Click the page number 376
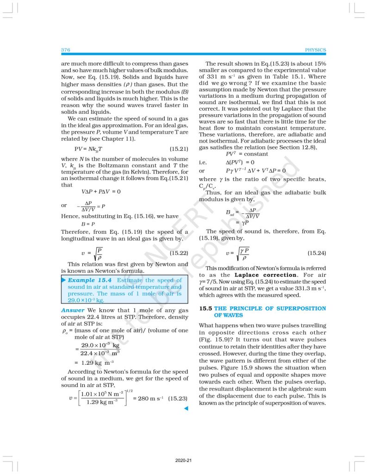65,50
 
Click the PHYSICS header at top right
315,50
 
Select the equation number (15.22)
179,253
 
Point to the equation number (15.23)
178,398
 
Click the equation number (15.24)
317,253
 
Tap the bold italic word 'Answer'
73,310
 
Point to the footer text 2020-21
183,461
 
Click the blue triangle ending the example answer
186,408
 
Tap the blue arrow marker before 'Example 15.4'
64,280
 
